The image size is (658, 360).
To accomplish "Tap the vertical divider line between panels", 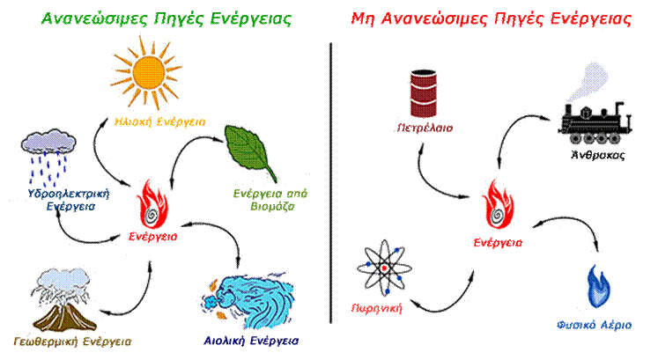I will click(329, 176).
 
